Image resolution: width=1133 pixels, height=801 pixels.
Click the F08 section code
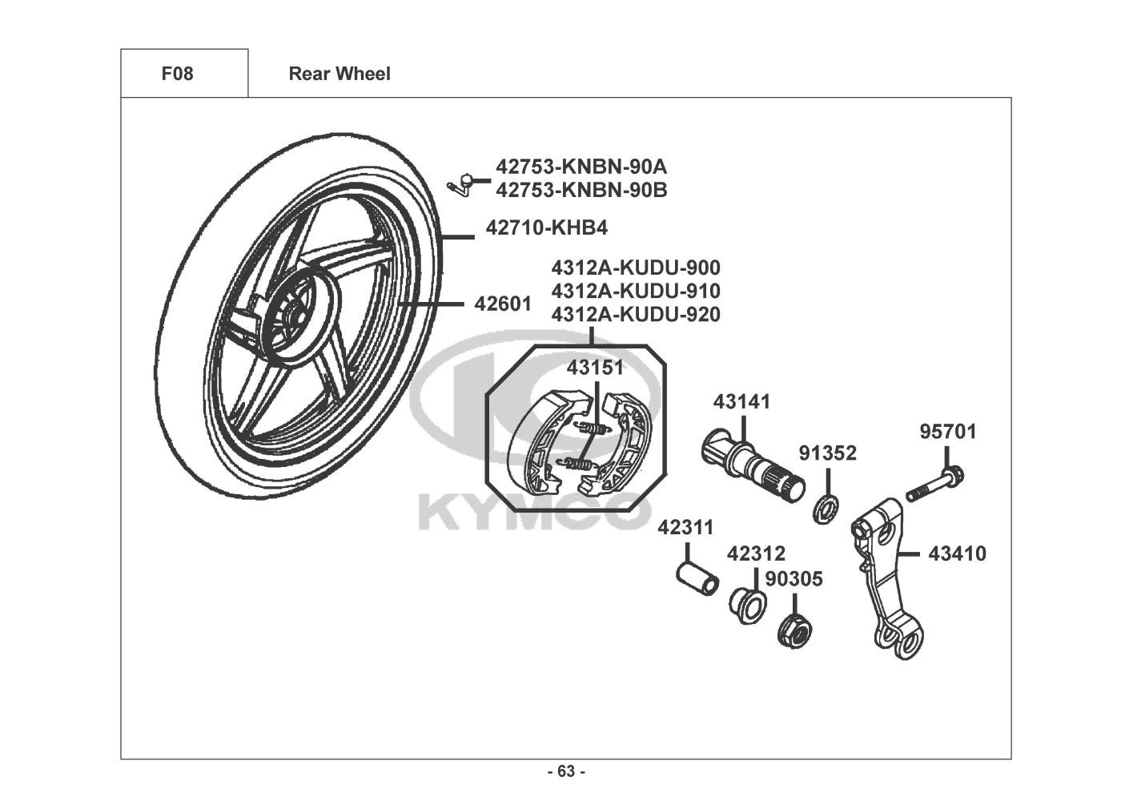pyautogui.click(x=177, y=74)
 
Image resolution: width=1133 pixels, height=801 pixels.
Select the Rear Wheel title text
pyautogui.click(x=339, y=74)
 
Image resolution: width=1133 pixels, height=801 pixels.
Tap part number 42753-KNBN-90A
pyautogui.click(x=581, y=167)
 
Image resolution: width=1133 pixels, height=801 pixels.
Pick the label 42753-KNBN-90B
pyautogui.click(x=581, y=191)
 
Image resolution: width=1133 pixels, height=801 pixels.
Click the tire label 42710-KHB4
pyautogui.click(x=546, y=227)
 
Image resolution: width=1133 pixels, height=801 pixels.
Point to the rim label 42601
pyautogui.click(x=503, y=304)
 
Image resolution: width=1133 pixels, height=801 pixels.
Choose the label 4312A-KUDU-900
pyautogui.click(x=636, y=268)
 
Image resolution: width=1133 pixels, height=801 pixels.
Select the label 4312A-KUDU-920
pyautogui.click(x=636, y=314)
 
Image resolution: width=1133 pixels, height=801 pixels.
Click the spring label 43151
pyautogui.click(x=596, y=368)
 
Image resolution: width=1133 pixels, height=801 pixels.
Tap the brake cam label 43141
pyautogui.click(x=741, y=401)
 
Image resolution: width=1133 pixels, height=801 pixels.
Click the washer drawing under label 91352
pyautogui.click(x=825, y=510)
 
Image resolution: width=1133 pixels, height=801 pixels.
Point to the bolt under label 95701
pyautogui.click(x=934, y=484)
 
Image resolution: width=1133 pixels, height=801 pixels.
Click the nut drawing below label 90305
pyautogui.click(x=794, y=633)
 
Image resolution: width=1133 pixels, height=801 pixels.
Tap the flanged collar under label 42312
pyautogui.click(x=748, y=606)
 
